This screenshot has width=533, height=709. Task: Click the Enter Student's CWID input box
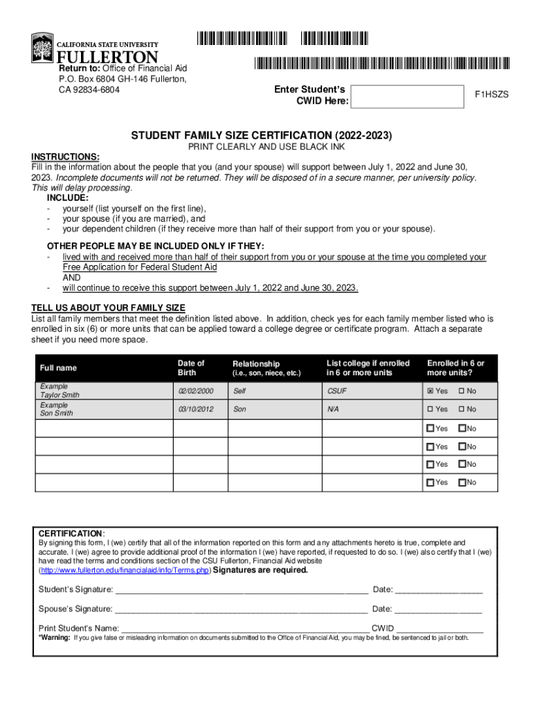406,96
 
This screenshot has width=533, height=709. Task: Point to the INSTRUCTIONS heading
65,157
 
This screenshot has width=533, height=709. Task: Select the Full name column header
59,368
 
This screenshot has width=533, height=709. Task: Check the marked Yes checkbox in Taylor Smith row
431,391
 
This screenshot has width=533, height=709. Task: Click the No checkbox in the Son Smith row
462,409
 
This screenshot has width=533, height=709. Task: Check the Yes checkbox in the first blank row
431,429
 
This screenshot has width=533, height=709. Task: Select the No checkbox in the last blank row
462,482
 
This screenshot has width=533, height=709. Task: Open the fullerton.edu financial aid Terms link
124,571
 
